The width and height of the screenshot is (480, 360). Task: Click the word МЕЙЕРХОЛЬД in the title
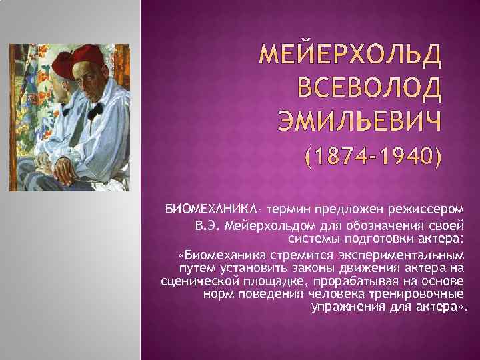tap(351, 59)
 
